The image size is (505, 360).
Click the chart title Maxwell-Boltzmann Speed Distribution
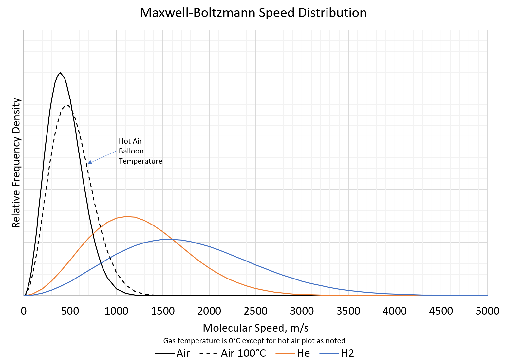pos(253,13)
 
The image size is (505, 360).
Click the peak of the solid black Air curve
pos(60,73)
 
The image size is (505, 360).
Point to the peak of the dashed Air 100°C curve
pos(67,105)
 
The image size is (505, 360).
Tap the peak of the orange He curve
pos(126,216)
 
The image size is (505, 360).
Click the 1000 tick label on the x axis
pos(116,311)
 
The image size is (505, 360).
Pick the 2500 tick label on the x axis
pos(255,311)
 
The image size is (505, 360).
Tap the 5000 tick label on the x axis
pos(487,311)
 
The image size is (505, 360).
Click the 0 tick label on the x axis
pos(24,311)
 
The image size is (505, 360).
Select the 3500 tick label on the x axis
pos(348,311)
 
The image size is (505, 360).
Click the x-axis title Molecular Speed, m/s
pos(255,328)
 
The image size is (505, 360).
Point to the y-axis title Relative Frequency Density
pos(16,163)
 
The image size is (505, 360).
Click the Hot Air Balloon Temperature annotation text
pos(140,151)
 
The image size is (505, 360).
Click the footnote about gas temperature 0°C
pos(254,341)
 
